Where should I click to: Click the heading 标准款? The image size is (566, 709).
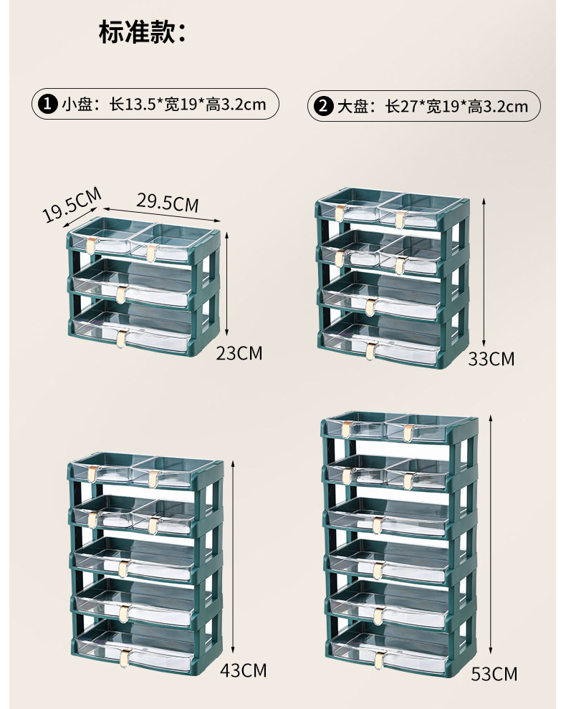(143, 32)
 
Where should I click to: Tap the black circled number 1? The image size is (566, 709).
(47, 105)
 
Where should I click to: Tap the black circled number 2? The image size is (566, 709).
(324, 107)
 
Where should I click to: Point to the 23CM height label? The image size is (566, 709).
(239, 352)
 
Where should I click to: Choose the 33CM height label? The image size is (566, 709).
(491, 359)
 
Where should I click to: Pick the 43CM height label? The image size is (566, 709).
(243, 670)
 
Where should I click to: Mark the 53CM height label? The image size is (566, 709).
(494, 673)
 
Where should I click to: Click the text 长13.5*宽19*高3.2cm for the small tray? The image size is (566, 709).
(187, 105)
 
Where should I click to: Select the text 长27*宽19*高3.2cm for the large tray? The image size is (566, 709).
(456, 107)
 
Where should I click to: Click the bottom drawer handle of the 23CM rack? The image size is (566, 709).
(123, 336)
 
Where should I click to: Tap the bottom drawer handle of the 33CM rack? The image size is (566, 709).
(371, 349)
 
